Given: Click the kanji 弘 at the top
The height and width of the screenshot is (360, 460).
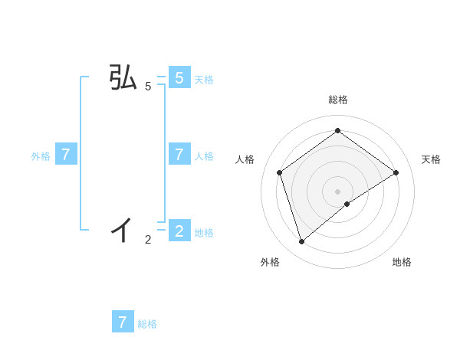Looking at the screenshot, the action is tap(123, 78).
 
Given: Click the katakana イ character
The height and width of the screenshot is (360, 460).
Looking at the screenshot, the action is tap(123, 228).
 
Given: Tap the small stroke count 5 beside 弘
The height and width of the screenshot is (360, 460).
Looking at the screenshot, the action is tap(148, 87).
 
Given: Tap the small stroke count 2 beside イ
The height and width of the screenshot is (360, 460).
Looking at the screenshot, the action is tap(148, 240).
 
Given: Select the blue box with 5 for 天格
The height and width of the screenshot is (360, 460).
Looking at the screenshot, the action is tap(179, 78).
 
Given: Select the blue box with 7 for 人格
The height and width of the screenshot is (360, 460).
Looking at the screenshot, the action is tap(179, 155).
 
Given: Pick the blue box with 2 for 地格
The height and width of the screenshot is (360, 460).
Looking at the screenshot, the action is tap(179, 231).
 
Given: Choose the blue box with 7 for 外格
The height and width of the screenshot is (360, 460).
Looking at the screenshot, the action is tap(66, 155).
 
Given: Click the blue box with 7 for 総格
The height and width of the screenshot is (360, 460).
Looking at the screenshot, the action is tap(123, 322).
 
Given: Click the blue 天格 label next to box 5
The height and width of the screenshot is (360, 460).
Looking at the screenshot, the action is tap(204, 79).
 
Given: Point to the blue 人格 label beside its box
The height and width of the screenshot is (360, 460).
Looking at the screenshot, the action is tap(204, 155).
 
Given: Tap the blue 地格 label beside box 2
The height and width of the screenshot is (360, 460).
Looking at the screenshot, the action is tap(204, 232).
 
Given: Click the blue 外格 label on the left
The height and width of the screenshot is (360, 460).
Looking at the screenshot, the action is tap(41, 155).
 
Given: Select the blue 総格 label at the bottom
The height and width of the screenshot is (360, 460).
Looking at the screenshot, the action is tap(147, 324).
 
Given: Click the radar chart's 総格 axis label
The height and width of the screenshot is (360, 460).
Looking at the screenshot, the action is tap(338, 100).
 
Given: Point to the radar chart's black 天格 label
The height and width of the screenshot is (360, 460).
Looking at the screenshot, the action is tap(431, 159).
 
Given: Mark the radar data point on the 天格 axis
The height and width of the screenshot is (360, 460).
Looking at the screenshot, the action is tap(396, 172).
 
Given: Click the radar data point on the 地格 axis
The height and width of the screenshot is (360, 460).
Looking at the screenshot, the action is tap(347, 204).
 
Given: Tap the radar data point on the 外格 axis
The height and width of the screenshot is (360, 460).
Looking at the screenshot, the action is tap(302, 242).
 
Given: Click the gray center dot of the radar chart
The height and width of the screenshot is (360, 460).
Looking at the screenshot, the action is tap(338, 191).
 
